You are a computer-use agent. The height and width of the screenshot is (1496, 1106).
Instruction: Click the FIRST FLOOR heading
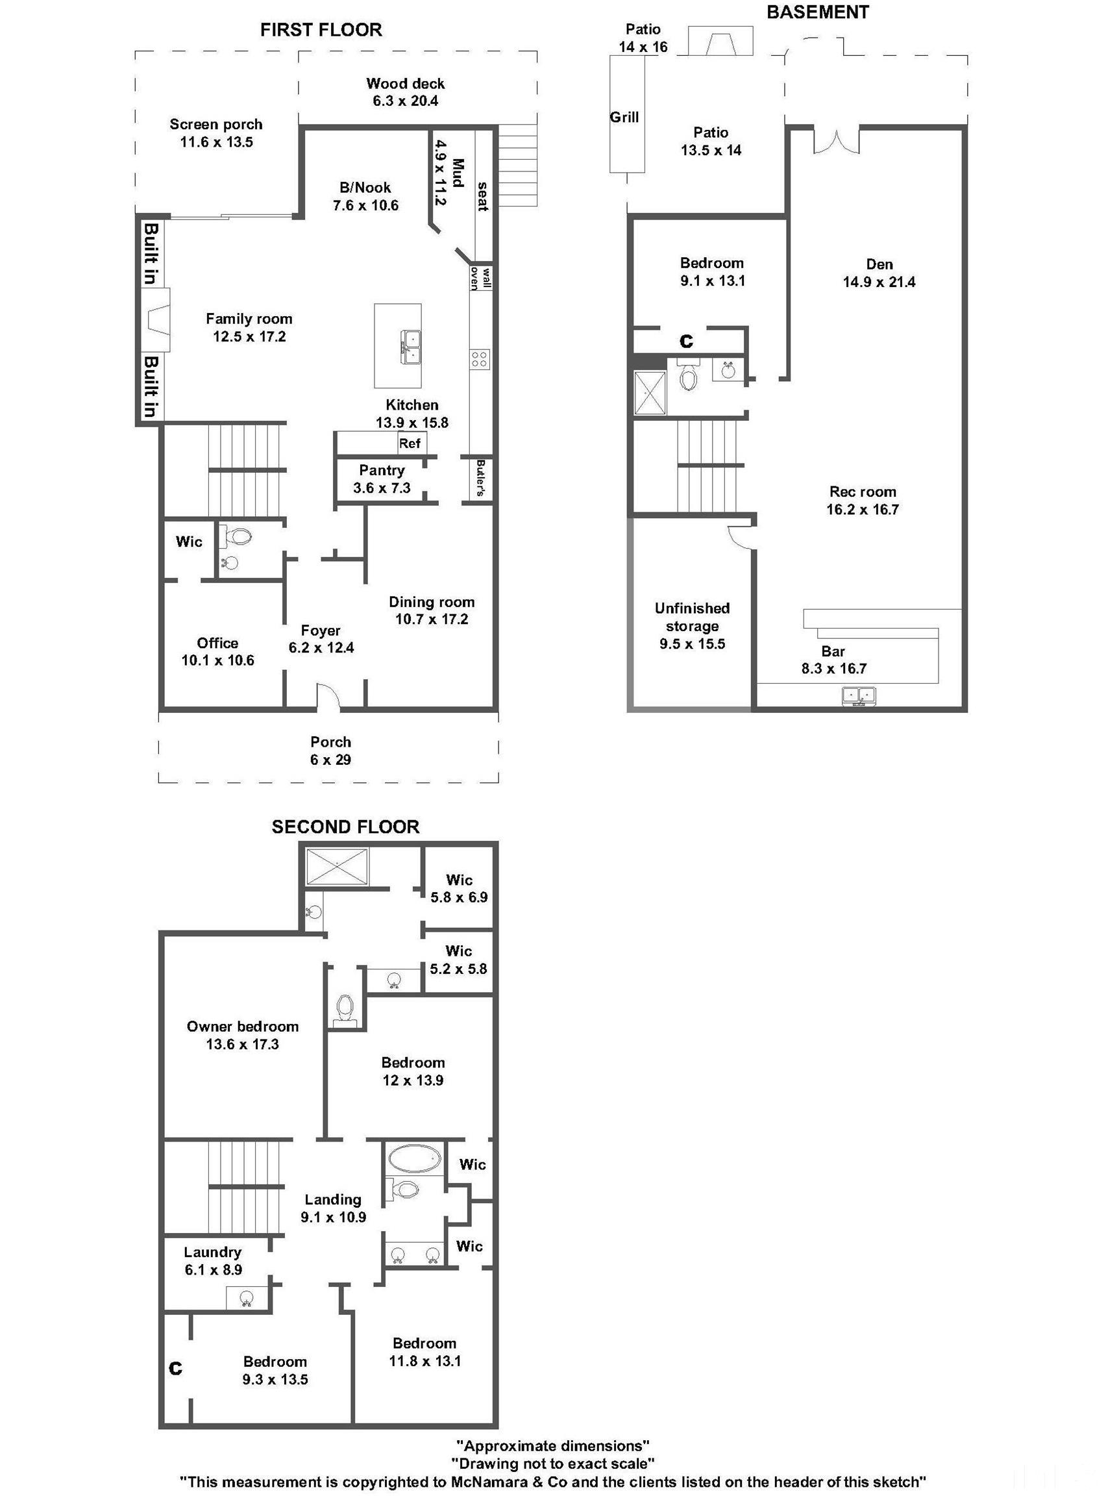[321, 29]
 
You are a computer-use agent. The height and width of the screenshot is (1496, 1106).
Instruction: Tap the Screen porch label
[215, 125]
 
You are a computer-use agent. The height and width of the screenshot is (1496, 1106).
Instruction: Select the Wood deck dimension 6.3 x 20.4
[405, 101]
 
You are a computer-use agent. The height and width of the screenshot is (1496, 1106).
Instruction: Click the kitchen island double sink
[411, 347]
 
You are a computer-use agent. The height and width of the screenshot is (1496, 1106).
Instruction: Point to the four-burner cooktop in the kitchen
[480, 358]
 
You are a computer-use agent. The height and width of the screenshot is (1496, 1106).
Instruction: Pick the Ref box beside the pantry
[410, 443]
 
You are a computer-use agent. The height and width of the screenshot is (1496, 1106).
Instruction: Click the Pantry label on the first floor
[382, 470]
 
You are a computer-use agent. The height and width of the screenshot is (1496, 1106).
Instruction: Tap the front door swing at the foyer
[328, 697]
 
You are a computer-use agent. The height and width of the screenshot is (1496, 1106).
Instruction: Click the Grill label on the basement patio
[624, 117]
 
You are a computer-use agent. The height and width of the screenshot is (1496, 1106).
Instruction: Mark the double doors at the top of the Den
[836, 142]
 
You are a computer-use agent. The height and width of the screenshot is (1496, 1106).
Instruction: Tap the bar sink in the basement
[859, 696]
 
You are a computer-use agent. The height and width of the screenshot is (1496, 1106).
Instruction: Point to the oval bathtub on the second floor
[415, 1158]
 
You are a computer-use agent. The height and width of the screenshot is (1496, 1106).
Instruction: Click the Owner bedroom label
[242, 1027]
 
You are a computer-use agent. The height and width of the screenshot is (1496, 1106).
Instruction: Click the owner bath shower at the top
[337, 867]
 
